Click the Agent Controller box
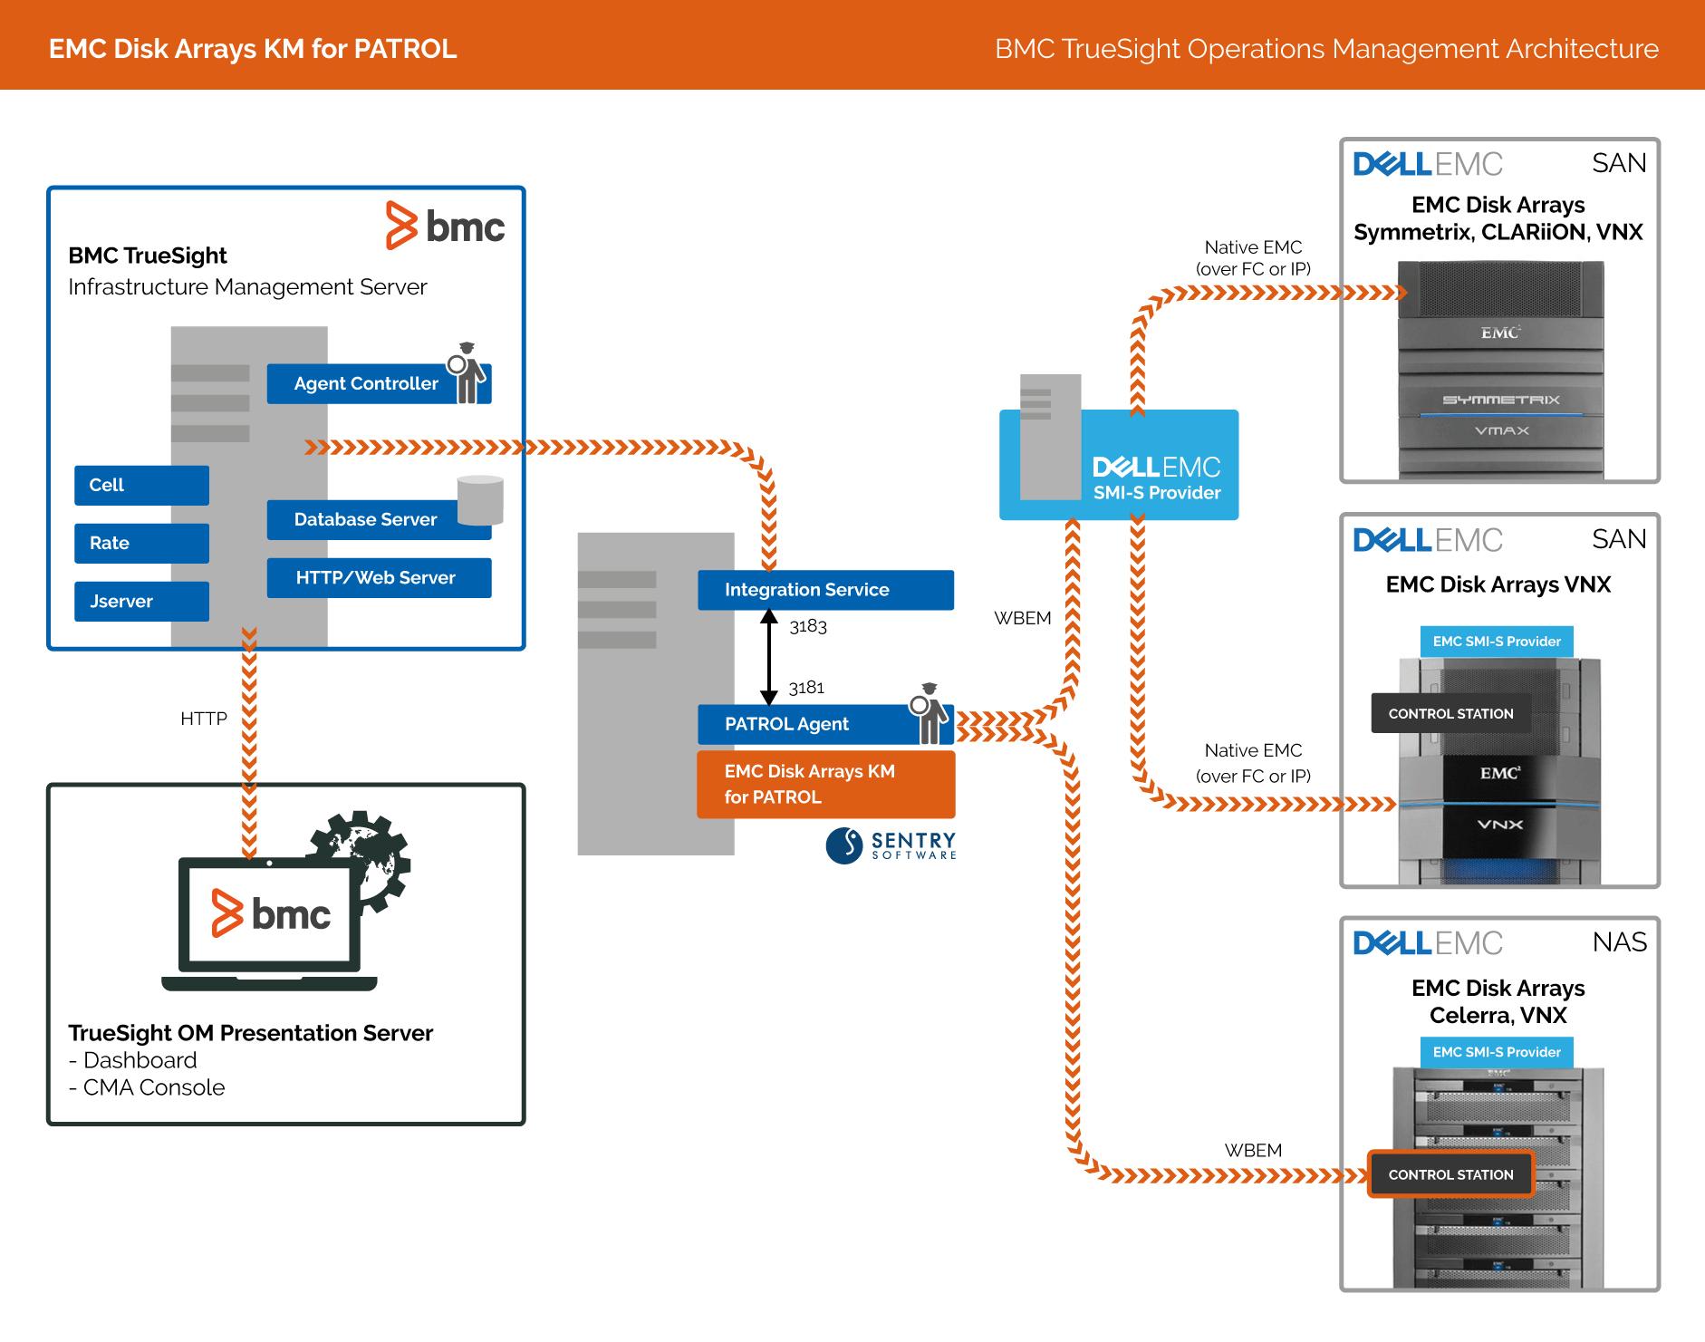tap(366, 383)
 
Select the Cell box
tap(141, 485)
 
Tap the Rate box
tap(141, 543)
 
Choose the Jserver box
tap(141, 601)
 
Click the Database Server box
tap(365, 520)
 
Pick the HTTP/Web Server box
tap(379, 578)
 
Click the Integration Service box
tap(824, 590)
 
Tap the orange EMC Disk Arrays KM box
tap(824, 784)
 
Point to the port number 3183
tap(808, 626)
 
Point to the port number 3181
tap(806, 688)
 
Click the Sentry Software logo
tap(891, 845)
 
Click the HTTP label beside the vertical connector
tap(203, 719)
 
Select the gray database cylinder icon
tap(480, 499)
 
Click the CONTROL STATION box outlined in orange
tap(1450, 1174)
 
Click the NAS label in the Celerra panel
tap(1619, 942)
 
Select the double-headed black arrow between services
tap(769, 657)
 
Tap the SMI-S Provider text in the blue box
tap(1157, 493)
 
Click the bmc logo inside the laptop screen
tap(271, 913)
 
